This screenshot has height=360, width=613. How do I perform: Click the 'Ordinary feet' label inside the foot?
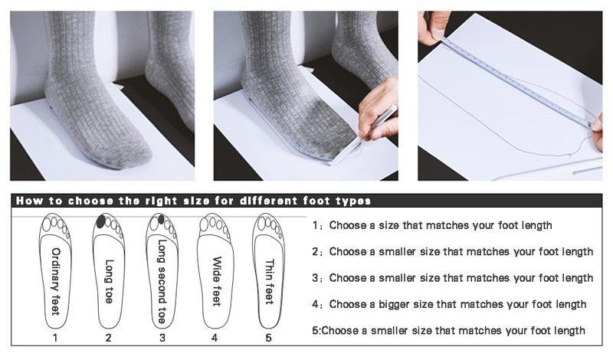[x=56, y=281]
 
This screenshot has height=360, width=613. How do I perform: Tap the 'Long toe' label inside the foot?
[x=109, y=281]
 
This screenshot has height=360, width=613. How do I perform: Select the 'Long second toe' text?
[x=162, y=281]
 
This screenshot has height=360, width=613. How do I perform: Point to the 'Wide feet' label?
[x=216, y=281]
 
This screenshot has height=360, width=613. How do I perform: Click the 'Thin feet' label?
[x=270, y=281]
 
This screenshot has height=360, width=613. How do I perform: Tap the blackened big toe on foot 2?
[x=101, y=221]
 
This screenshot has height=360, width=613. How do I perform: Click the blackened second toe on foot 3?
[x=161, y=219]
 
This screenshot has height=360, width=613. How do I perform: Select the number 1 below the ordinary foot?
[x=55, y=338]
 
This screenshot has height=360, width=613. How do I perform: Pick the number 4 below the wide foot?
[x=215, y=338]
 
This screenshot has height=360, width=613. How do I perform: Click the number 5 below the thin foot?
[x=269, y=338]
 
